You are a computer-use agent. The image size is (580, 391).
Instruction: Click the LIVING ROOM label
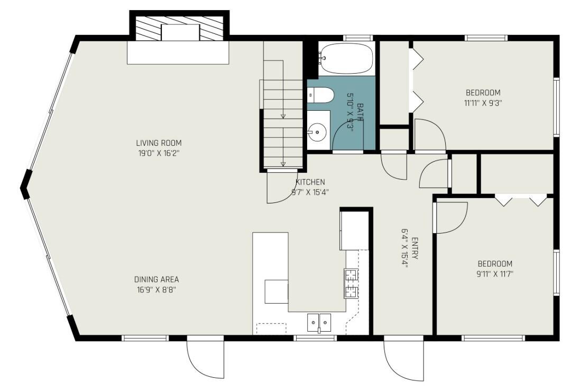coord(159,143)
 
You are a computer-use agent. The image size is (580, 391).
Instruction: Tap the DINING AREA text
coord(156,279)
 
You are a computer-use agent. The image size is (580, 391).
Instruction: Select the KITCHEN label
coord(310,182)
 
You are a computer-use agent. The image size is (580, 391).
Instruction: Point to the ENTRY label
coord(415,248)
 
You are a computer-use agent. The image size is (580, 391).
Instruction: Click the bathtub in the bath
coord(346,58)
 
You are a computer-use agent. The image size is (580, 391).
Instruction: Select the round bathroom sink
coord(317,132)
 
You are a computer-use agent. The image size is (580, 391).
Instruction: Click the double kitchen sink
coord(319,323)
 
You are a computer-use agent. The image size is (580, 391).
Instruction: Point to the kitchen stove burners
coord(351,283)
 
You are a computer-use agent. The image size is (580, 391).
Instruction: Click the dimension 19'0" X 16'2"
coord(159,153)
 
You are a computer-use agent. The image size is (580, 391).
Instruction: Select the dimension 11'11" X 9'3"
coord(483,103)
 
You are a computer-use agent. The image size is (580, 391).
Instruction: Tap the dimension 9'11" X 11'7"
coord(495,274)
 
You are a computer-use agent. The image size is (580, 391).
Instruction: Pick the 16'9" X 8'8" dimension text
coord(156,290)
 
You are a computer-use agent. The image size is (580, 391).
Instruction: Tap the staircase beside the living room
coord(283,105)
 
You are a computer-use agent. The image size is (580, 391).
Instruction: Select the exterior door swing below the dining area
coord(205,357)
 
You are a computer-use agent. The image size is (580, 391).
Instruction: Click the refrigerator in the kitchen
coord(354,229)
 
